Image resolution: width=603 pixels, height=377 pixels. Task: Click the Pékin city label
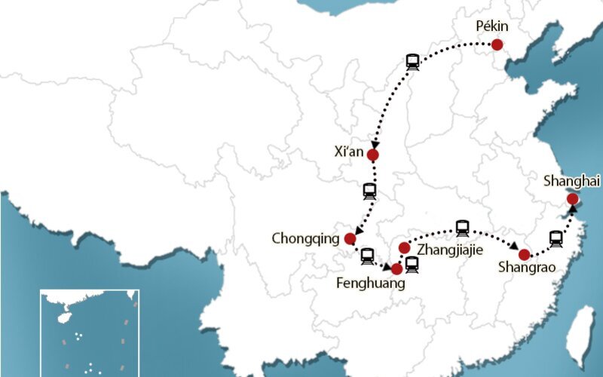point(492,26)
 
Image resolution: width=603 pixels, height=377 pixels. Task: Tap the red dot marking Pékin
point(497,45)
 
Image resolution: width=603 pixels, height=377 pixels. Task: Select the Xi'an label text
point(349,152)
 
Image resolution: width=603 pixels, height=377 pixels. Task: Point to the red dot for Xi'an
point(372,155)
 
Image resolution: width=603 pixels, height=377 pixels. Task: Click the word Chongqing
point(306,239)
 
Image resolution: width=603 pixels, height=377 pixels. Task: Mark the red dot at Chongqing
point(350,239)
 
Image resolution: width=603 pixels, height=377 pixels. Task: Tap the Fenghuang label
point(371,284)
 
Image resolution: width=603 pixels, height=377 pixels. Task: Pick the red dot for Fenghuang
point(396,268)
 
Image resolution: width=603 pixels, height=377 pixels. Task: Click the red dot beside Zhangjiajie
point(404,248)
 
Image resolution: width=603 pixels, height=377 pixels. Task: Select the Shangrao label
point(527,268)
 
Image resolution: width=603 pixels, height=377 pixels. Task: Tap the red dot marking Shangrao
point(524,255)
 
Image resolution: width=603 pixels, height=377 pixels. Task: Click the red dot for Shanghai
point(572,199)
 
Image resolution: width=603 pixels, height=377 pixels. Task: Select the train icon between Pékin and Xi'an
point(412,63)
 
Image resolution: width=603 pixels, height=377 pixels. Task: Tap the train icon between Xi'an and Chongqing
point(369,191)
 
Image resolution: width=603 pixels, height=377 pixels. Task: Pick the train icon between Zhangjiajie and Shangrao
point(462,228)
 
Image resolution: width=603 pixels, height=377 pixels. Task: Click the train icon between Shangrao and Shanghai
point(556,239)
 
